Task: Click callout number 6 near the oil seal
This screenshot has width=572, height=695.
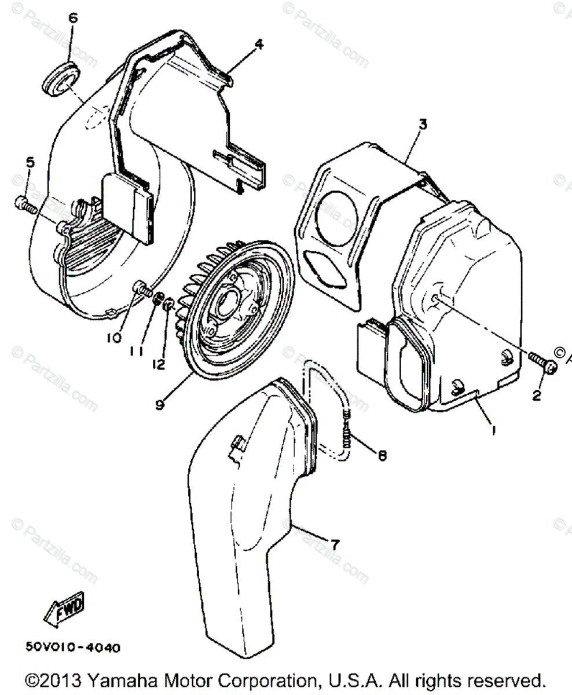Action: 72,18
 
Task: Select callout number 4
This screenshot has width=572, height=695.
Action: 259,43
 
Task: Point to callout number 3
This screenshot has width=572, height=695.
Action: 423,124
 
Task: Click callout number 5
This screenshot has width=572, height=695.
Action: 30,163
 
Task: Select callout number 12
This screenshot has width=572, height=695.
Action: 159,364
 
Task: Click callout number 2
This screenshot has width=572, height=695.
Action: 536,396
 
